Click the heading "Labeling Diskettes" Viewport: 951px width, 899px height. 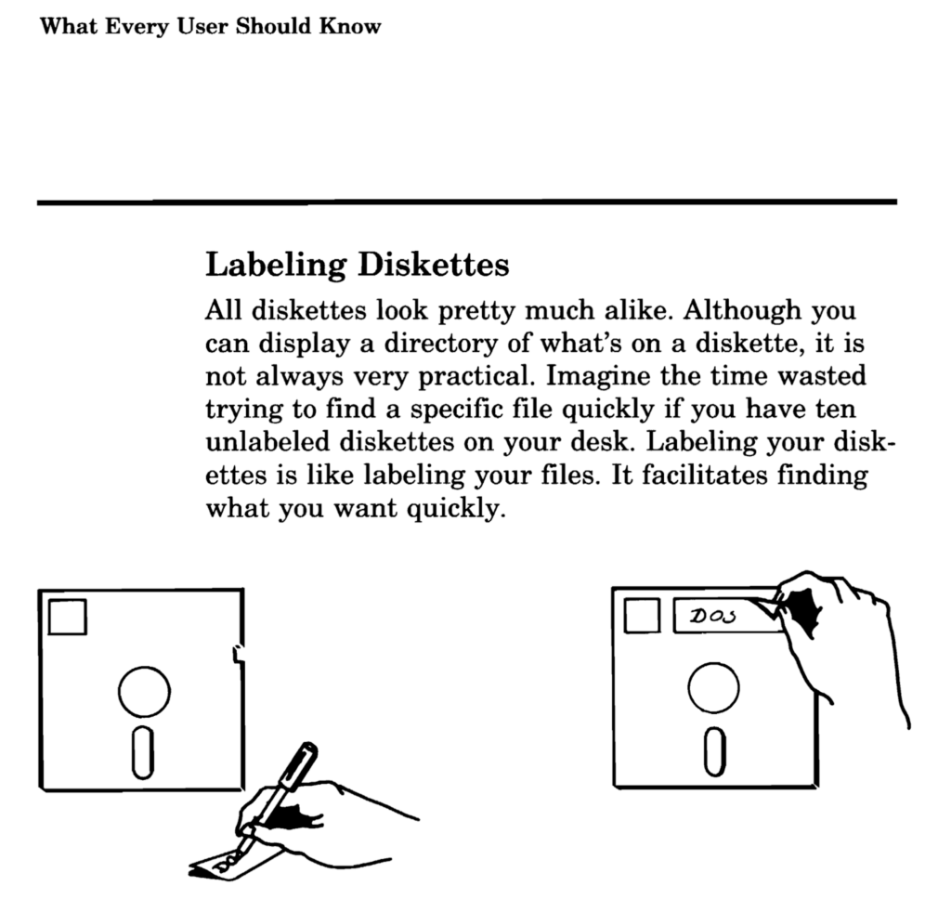pos(357,266)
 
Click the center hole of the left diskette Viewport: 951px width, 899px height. pos(144,691)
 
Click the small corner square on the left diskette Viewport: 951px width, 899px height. pos(67,617)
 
